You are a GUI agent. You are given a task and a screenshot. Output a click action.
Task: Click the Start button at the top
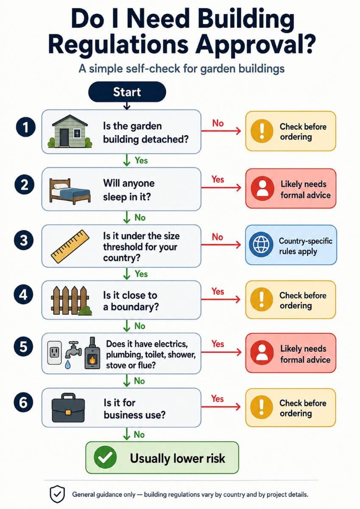pos(127,92)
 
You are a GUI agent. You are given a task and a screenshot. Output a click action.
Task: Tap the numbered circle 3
pos(24,241)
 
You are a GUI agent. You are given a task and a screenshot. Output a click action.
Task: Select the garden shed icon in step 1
pos(70,131)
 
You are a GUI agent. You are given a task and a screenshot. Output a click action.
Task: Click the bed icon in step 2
pos(70,191)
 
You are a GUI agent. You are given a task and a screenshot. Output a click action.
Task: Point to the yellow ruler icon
pos(70,246)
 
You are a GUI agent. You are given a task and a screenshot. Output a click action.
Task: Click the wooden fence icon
pos(71,300)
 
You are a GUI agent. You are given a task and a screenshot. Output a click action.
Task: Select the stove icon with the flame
pos(92,353)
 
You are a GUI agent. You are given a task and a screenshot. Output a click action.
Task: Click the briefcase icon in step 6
pos(68,408)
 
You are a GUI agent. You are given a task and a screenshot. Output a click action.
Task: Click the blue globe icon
pos(261,244)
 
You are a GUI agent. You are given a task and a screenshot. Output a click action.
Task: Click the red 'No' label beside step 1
pos(218,123)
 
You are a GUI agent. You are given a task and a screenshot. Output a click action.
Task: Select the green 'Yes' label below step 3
pos(141,274)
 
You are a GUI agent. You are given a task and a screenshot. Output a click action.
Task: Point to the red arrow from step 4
pos(220,299)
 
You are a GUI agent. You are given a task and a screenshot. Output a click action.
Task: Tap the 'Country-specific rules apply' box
pos(291,245)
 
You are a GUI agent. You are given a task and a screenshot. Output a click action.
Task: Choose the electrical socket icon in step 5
pos(54,352)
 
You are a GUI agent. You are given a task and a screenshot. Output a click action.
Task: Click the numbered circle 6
pos(24,403)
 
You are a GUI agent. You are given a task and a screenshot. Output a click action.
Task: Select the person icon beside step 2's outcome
pos(262,188)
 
